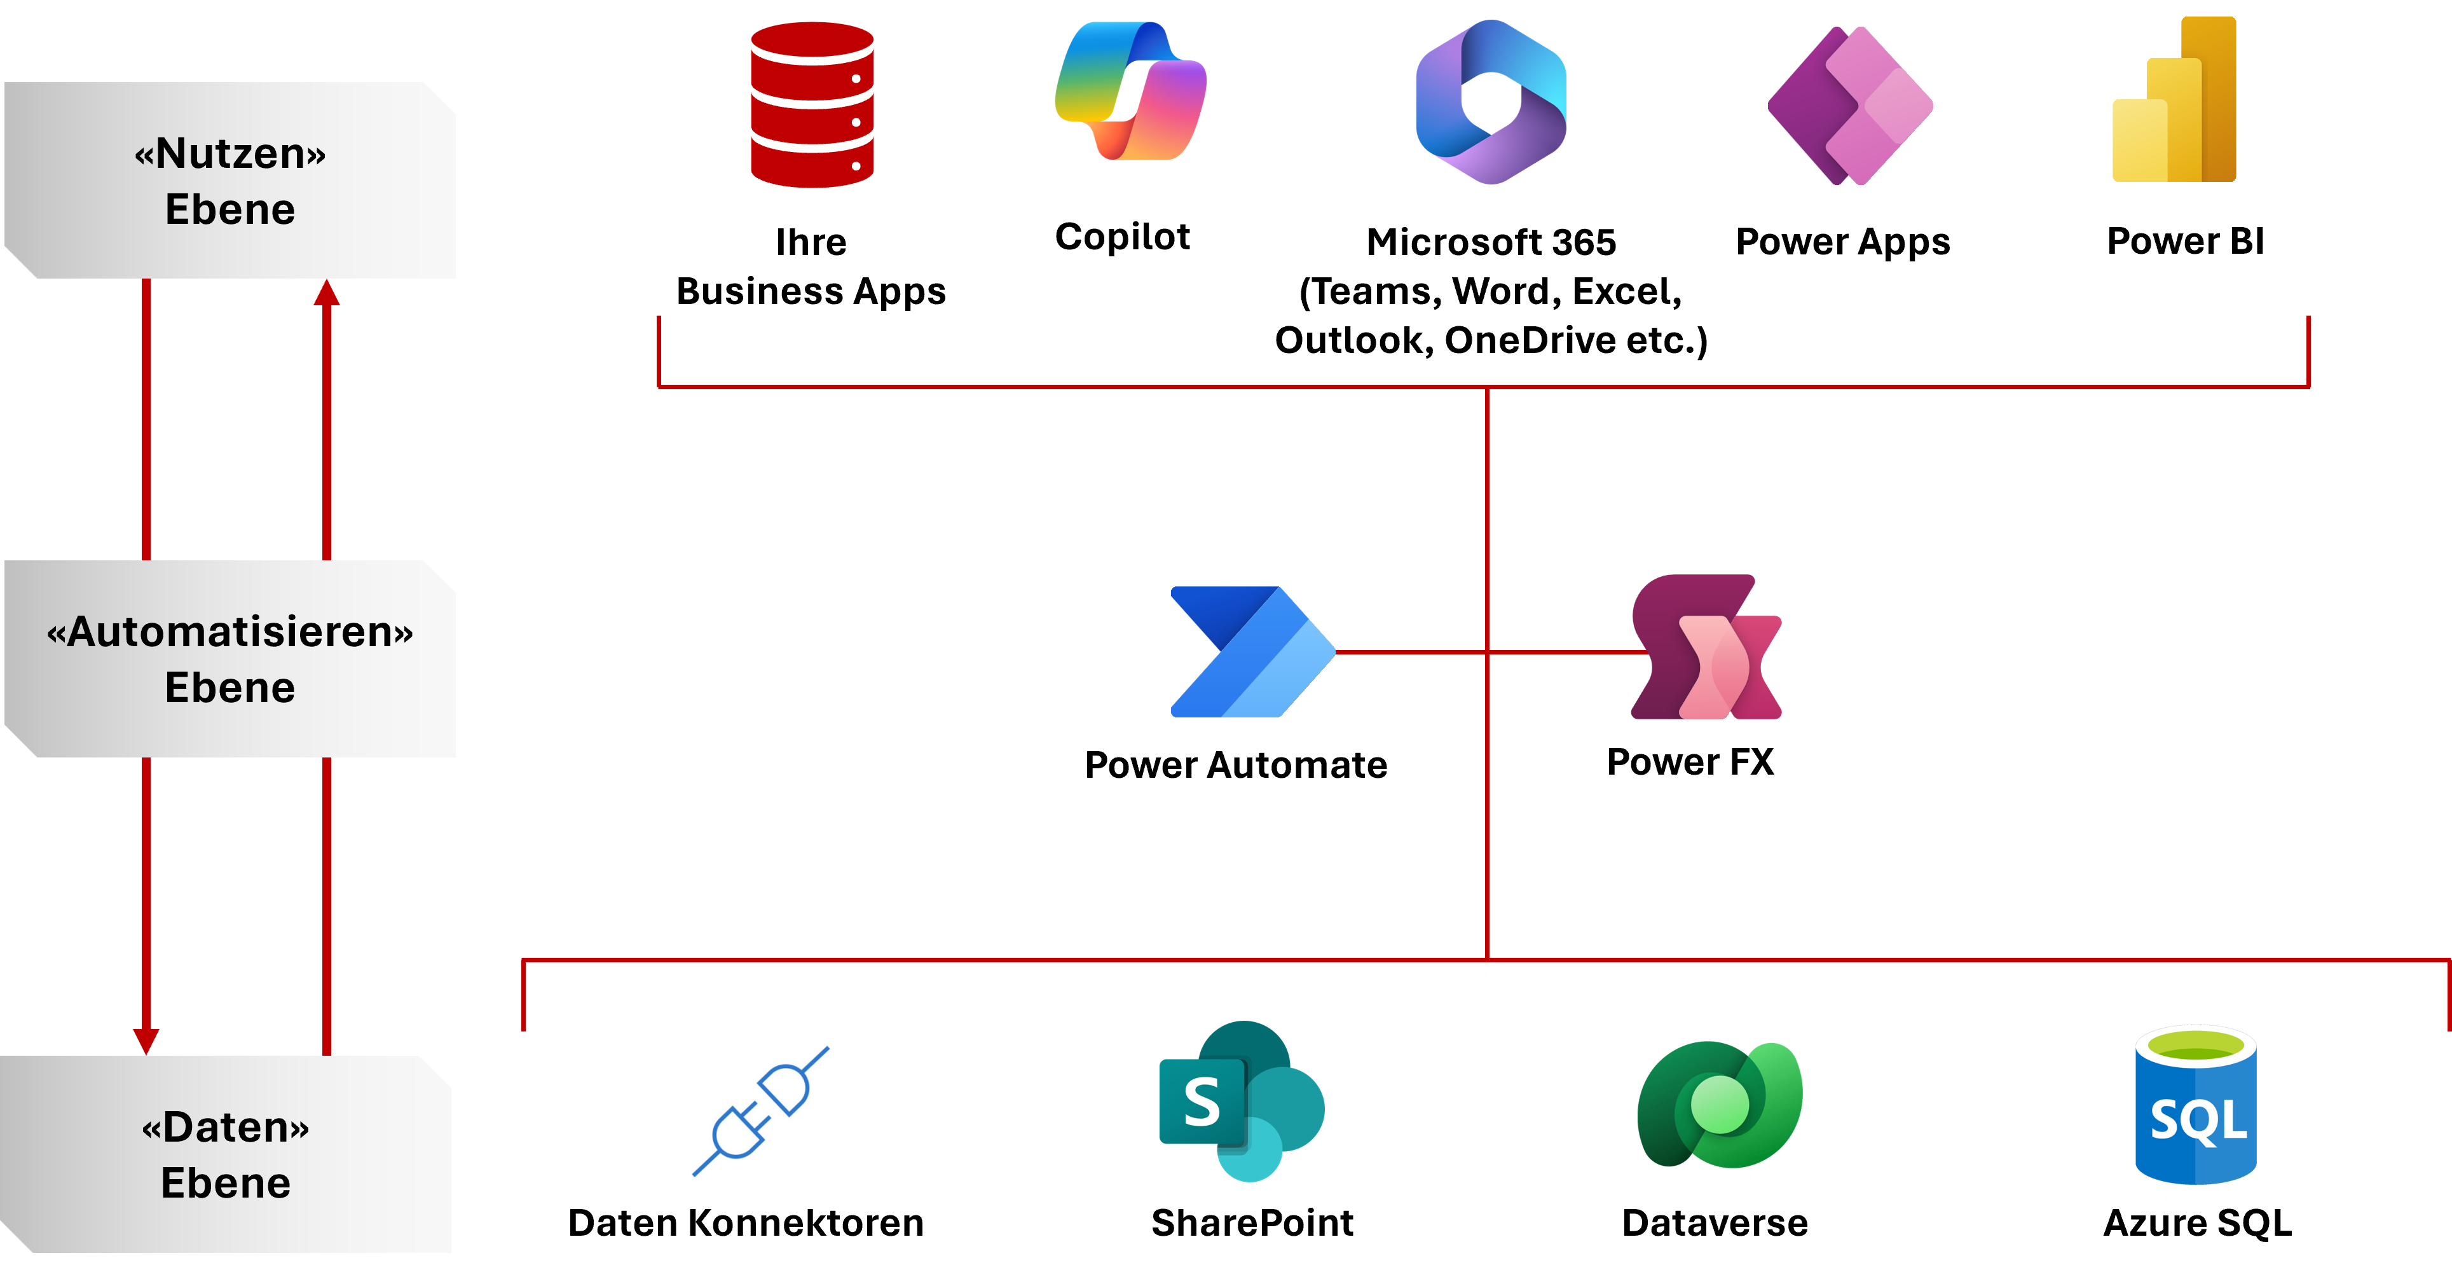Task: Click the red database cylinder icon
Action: [x=812, y=105]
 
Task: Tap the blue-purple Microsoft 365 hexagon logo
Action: [x=1491, y=102]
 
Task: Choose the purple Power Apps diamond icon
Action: [x=1849, y=106]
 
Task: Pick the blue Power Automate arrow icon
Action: [x=1252, y=652]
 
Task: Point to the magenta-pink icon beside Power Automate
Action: [x=1706, y=647]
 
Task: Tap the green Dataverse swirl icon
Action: [x=1719, y=1105]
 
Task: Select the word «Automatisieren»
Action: [x=230, y=632]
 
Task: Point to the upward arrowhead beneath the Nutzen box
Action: [x=327, y=293]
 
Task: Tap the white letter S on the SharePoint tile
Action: [x=1202, y=1103]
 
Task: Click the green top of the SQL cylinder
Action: [x=2195, y=1046]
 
